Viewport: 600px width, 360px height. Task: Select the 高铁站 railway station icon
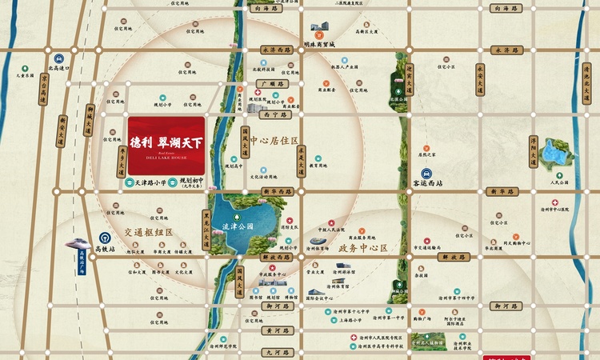click(x=104, y=238)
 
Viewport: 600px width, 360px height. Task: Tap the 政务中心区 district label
click(x=362, y=248)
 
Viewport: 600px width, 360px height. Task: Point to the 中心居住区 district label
click(x=274, y=141)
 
